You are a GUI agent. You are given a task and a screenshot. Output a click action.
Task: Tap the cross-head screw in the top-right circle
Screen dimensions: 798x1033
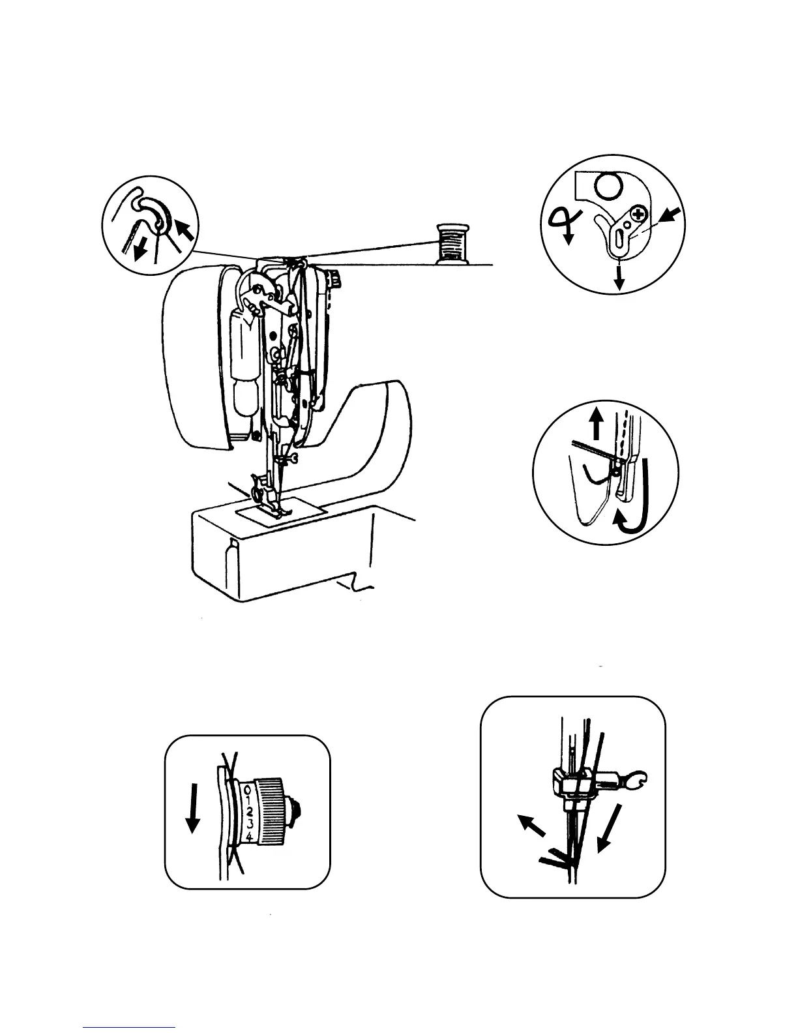(638, 213)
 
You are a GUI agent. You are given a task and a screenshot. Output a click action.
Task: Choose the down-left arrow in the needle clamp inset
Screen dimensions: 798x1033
(608, 828)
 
